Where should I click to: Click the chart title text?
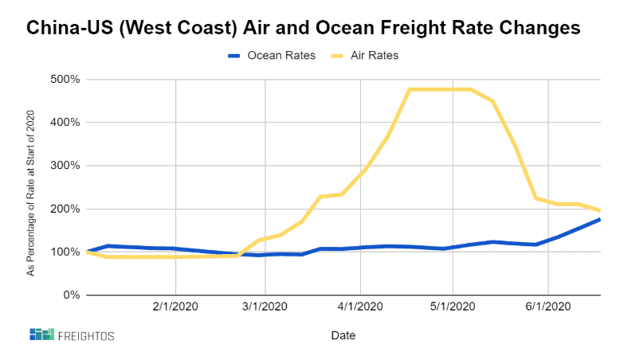click(304, 28)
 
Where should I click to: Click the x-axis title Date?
click(343, 335)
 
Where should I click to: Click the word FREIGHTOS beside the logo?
click(86, 335)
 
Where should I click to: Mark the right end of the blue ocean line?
click(598, 220)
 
